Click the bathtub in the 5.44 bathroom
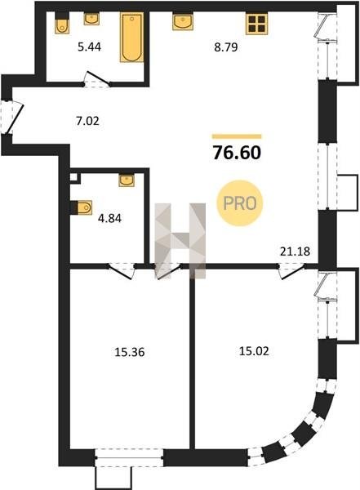point(132,38)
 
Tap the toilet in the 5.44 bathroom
point(62,24)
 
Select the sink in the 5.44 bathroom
point(91,19)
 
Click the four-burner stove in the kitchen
point(257,24)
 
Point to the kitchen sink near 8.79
point(183,21)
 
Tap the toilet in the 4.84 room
point(82,207)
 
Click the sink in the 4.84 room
point(127,180)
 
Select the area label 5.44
point(89,47)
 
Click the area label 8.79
point(226,47)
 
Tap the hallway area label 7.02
point(87,121)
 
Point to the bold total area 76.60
point(237,153)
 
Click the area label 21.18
point(295,251)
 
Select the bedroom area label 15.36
point(130,353)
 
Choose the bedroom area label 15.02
point(254,351)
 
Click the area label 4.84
point(109,218)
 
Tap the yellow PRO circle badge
point(240,203)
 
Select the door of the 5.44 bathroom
point(97,80)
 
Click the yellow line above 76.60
point(237,136)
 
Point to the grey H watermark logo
point(180,241)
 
